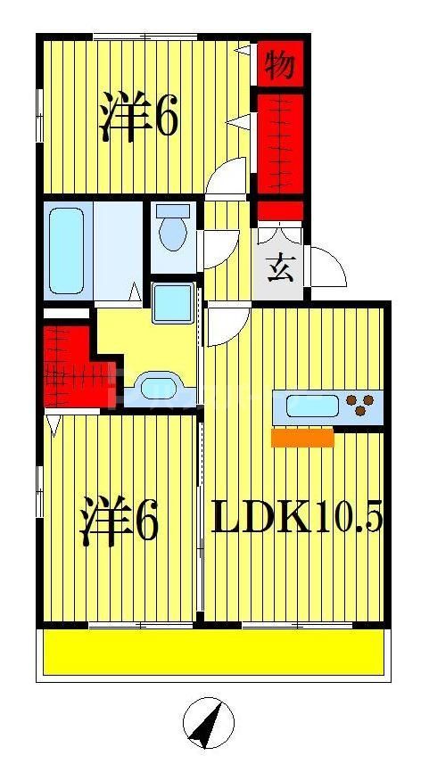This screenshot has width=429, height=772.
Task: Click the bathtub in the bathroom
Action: click(x=66, y=250)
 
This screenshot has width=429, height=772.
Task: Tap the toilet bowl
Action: click(x=172, y=230)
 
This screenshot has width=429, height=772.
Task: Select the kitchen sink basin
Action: click(x=311, y=408)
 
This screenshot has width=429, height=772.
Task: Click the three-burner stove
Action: click(x=360, y=407)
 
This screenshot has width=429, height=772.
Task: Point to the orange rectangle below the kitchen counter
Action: click(x=302, y=437)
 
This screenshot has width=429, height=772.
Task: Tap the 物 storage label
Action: click(x=281, y=64)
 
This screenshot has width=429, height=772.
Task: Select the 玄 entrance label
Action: click(x=281, y=267)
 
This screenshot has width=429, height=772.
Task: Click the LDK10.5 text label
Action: click(x=297, y=516)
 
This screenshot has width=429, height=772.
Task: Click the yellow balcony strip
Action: click(x=214, y=653)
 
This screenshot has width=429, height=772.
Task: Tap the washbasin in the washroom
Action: click(x=159, y=390)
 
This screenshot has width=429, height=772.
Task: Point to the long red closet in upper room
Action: click(x=281, y=143)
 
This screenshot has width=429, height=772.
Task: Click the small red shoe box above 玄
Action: click(x=281, y=211)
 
